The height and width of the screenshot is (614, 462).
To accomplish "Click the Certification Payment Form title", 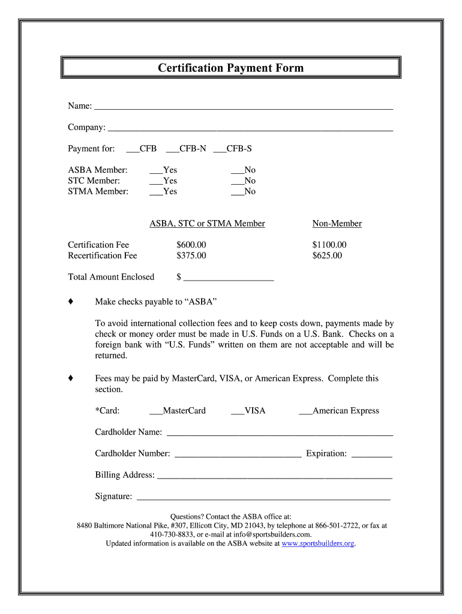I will [231, 68].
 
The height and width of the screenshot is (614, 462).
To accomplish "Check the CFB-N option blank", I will [172, 150].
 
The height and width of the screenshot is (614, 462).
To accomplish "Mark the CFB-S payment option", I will [219, 150].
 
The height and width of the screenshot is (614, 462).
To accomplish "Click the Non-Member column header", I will [337, 224].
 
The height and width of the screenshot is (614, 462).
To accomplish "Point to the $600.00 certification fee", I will [191, 245].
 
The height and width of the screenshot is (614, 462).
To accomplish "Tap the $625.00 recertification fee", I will [327, 255].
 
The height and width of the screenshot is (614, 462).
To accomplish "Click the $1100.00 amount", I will [329, 245].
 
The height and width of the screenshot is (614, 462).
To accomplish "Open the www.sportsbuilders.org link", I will [318, 544].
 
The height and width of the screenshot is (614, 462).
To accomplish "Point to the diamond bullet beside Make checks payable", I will [71, 301].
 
